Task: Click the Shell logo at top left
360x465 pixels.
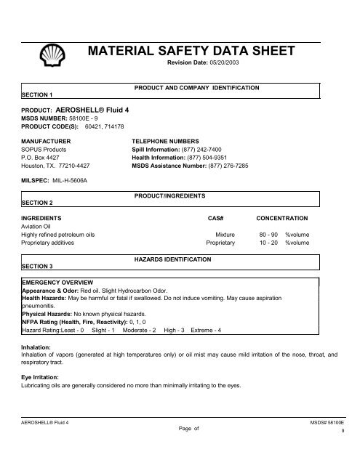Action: pos(53,54)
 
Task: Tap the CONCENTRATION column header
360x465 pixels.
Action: pos(282,218)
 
